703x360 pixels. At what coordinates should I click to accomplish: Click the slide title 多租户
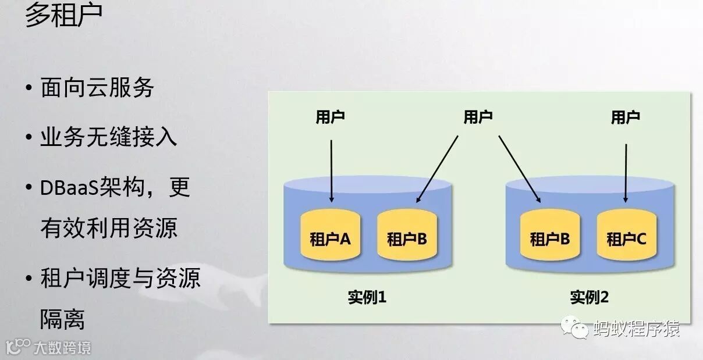tap(63, 16)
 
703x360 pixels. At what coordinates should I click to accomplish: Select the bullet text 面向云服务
tap(97, 88)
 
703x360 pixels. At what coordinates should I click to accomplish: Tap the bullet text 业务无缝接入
tap(109, 138)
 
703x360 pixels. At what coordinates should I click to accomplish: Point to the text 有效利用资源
tap(109, 228)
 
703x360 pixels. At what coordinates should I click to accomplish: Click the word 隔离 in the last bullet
tap(62, 319)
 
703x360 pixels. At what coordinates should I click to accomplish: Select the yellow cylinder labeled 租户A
tap(330, 237)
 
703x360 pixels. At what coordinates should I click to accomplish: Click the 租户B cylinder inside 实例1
tap(407, 237)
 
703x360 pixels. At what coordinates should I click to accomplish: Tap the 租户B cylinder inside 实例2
tap(549, 237)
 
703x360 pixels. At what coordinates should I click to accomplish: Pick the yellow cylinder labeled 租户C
tap(626, 237)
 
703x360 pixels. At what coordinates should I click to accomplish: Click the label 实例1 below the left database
tap(367, 298)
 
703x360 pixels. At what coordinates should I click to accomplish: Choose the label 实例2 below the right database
tap(589, 298)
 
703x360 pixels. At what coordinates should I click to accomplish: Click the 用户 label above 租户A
tap(330, 117)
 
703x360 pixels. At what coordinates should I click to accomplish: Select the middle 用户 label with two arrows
tap(478, 117)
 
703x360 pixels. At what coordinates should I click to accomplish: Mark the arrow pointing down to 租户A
tap(331, 170)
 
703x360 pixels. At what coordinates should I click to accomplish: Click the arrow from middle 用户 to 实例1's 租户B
tap(438, 169)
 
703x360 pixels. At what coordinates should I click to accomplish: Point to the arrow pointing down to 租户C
tap(626, 172)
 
